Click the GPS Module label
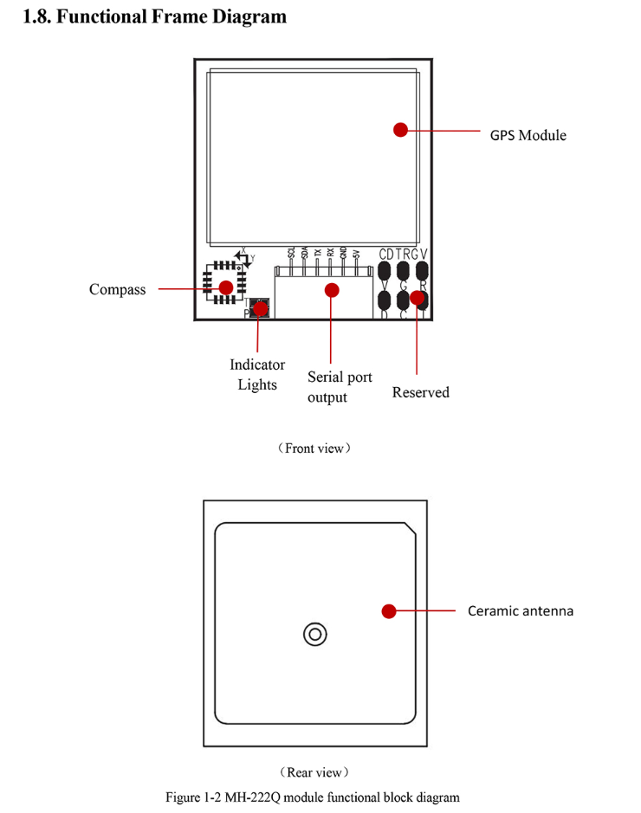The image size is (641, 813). [528, 135]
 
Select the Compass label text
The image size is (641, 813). [117, 289]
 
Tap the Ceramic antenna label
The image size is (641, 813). [521, 610]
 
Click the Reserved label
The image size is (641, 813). [420, 392]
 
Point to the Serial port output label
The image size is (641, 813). [340, 387]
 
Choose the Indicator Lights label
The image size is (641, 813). [257, 375]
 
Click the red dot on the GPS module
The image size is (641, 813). [400, 130]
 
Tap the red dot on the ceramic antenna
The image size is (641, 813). [389, 611]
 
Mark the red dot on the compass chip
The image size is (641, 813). [225, 287]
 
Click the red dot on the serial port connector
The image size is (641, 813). [331, 290]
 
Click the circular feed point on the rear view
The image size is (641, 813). [315, 635]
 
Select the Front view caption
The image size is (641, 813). [314, 448]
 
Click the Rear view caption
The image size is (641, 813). [314, 771]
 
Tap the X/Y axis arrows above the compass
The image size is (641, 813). [245, 258]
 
